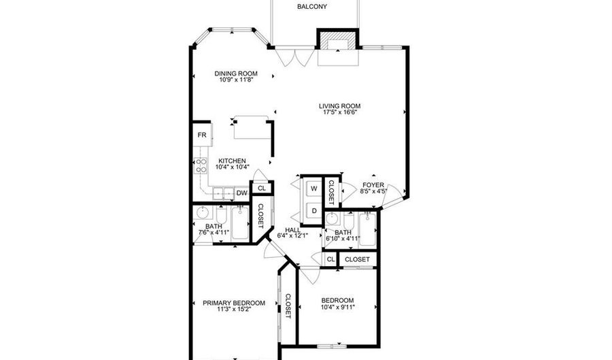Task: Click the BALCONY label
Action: (x=312, y=7)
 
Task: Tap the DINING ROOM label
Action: (x=236, y=73)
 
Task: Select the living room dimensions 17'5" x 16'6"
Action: (x=339, y=112)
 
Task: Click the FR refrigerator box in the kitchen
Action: (x=202, y=135)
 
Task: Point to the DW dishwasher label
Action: (x=241, y=193)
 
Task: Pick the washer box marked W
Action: (x=314, y=188)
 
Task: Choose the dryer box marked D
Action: (x=314, y=211)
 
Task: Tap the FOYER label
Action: (x=373, y=184)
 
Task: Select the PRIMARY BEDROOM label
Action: (x=234, y=303)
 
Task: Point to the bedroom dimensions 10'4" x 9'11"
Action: (x=337, y=308)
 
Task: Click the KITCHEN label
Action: (x=232, y=161)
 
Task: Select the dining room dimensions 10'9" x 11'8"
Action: (x=236, y=80)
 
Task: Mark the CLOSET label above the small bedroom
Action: (x=357, y=259)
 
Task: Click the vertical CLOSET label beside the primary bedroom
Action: (x=288, y=306)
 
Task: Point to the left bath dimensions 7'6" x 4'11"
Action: (x=214, y=233)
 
